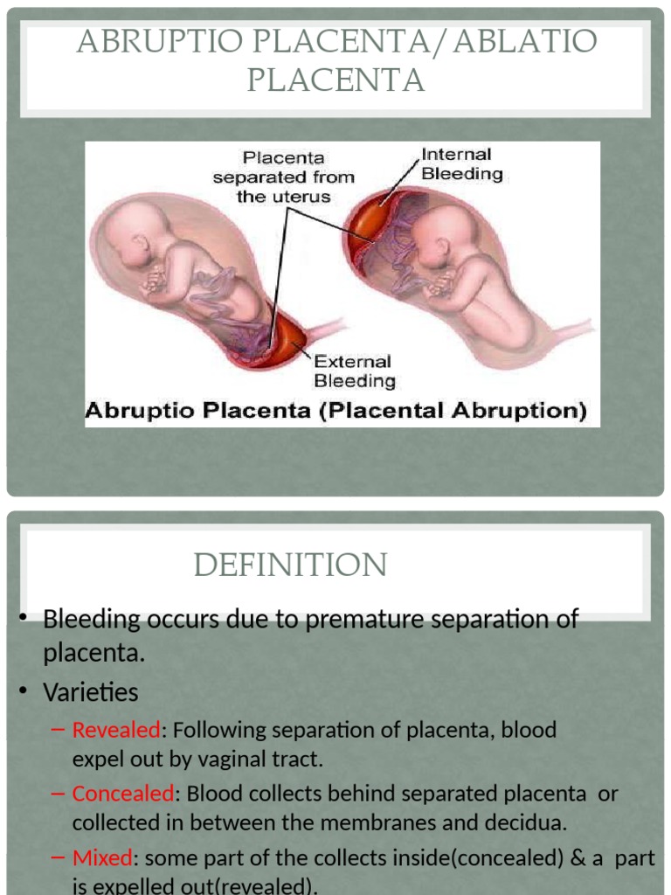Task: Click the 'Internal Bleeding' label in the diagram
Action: click(462, 163)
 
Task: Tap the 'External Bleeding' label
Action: click(354, 371)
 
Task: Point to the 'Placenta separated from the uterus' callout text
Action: click(284, 177)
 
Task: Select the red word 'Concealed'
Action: click(122, 794)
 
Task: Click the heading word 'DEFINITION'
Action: click(290, 565)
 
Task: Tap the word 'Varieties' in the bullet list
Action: click(91, 692)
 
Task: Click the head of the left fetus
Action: click(129, 229)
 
